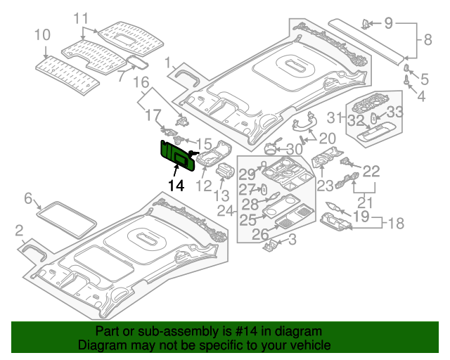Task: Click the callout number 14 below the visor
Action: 175,186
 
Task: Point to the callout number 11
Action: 82,17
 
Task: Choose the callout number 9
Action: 388,23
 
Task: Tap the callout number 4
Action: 421,96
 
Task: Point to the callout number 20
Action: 328,138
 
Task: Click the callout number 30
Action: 295,149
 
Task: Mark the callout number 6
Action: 29,199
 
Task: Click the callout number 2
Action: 19,229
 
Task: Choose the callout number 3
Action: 292,240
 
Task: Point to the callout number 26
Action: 260,233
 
